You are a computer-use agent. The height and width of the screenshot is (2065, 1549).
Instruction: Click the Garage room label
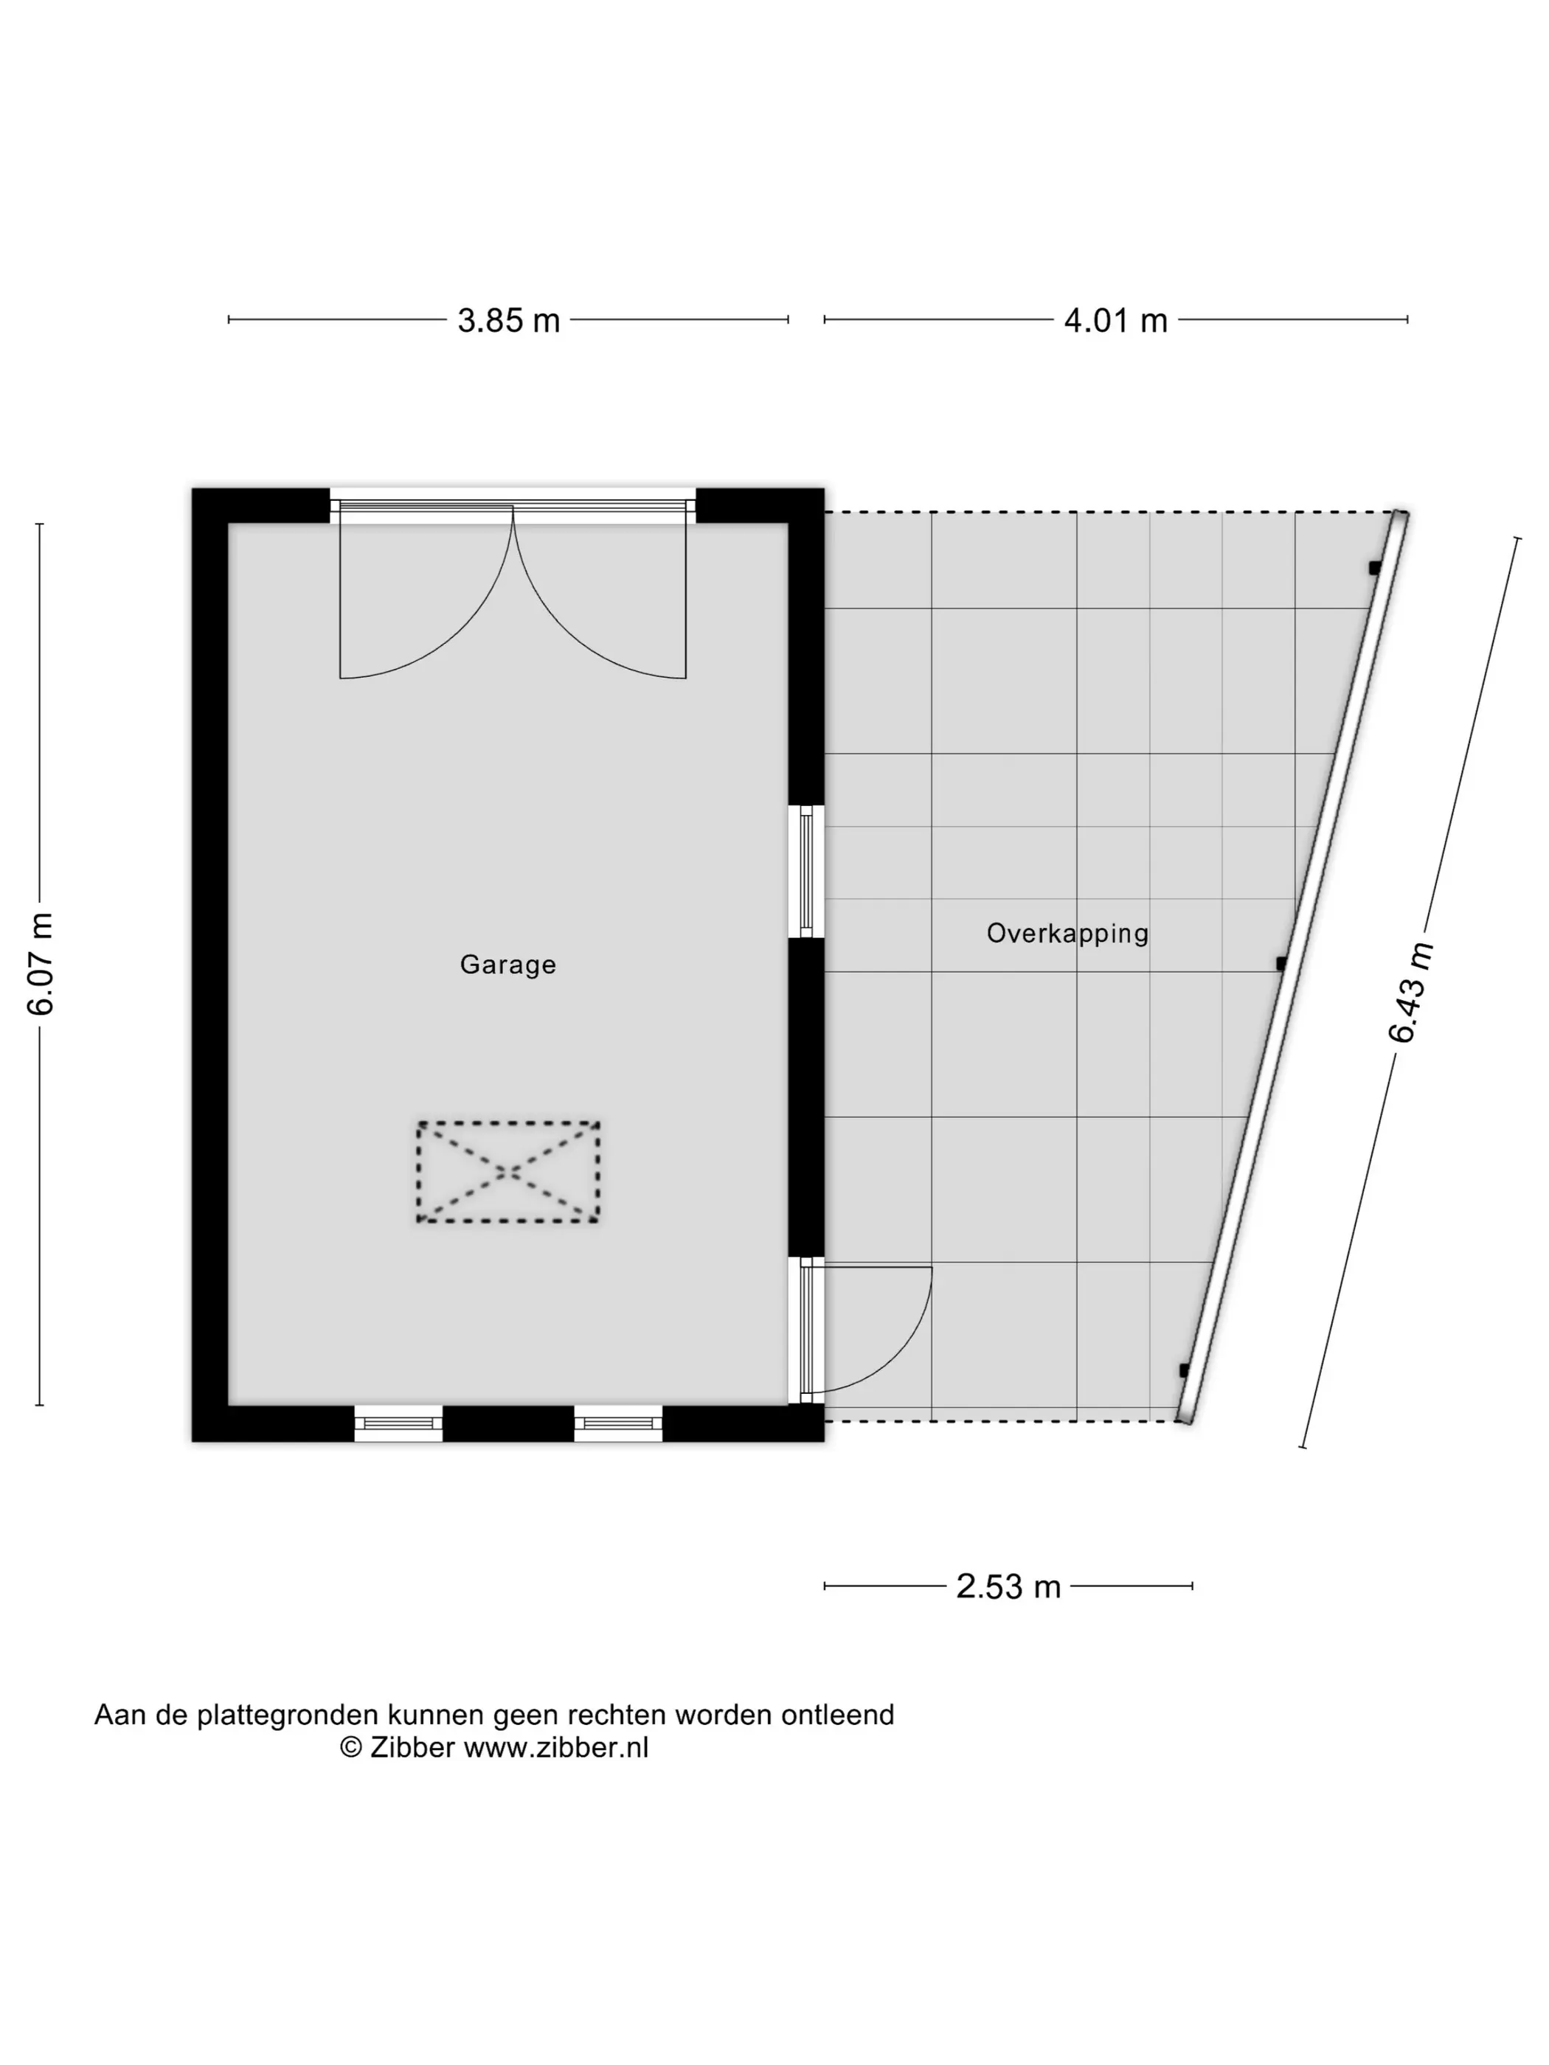[508, 965]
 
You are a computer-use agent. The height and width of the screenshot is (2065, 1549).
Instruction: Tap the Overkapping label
[1067, 934]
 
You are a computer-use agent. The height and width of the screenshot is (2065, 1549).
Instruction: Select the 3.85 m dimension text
[508, 321]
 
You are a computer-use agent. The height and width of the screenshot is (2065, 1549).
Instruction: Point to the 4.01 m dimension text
[1116, 321]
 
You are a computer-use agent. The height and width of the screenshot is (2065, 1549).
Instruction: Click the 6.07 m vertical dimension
[40, 963]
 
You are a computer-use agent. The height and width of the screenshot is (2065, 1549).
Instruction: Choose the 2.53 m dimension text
[1008, 1587]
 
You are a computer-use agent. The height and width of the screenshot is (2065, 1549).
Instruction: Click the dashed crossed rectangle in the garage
[508, 1172]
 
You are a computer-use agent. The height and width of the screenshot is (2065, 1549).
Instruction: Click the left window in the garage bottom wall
[399, 1423]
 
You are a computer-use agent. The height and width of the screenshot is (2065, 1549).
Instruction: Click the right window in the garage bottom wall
[618, 1423]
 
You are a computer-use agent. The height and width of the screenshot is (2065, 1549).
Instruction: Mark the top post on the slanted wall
[1374, 568]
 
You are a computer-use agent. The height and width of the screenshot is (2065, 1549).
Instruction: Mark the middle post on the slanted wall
[1281, 963]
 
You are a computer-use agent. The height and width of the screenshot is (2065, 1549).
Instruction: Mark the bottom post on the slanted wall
[1185, 1370]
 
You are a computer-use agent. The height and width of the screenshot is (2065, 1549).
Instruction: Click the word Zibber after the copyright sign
[412, 1748]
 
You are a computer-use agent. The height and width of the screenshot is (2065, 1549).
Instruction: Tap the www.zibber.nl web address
[556, 1748]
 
